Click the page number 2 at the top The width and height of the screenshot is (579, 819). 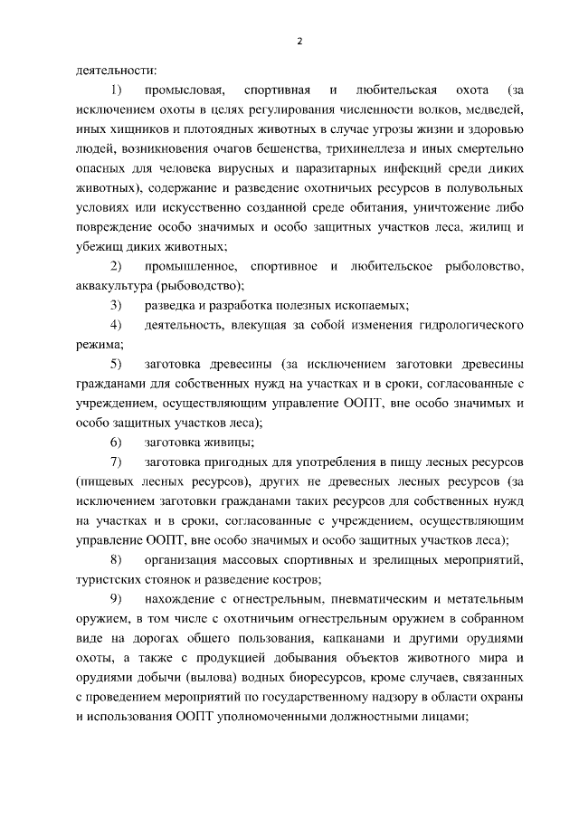(299, 41)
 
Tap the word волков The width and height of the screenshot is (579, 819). (447, 110)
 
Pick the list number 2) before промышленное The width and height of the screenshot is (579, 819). (116, 266)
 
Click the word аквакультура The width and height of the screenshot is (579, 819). (114, 286)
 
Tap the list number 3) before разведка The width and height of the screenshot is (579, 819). (116, 306)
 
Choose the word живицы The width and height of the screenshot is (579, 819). (231, 443)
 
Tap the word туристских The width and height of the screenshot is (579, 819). (108, 579)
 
